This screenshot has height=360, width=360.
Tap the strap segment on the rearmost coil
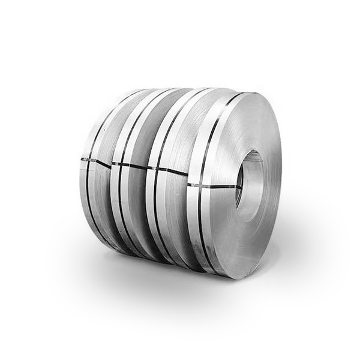[x=96, y=160]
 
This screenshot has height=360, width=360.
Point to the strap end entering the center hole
[x=238, y=188]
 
